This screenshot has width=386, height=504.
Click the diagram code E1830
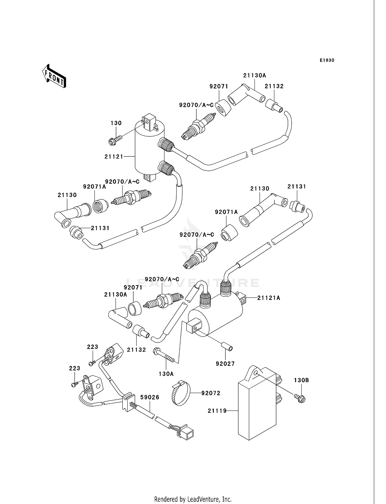point(327,60)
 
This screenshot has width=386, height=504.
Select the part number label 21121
point(114,156)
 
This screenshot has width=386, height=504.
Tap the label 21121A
point(268,298)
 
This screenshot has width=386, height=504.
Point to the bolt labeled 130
point(114,141)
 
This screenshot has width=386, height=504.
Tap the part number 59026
point(150,397)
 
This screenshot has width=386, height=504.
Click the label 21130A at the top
point(255,76)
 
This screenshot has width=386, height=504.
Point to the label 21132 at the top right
point(274,86)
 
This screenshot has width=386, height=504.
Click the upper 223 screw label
point(92,347)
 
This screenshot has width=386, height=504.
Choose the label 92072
point(211,393)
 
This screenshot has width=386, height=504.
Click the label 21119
point(217,411)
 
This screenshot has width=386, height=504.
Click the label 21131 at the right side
point(297,186)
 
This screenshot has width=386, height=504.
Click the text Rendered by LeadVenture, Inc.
point(193,499)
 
